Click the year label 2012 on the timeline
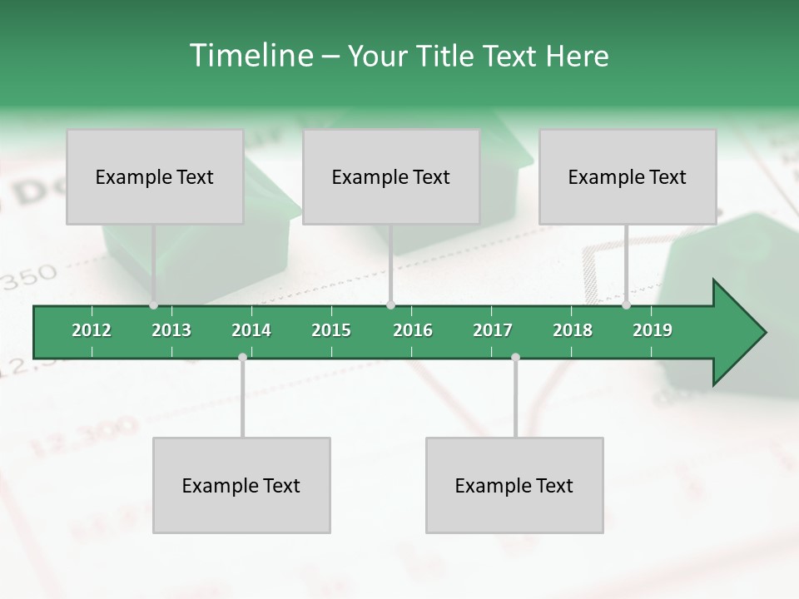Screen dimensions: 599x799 coord(92,330)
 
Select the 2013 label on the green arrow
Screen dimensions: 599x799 coord(171,330)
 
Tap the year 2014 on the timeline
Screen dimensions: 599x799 coord(251,330)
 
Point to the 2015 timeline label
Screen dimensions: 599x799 coord(331,330)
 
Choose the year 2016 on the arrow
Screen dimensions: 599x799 coord(413,330)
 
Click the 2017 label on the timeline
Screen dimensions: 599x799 coord(493,330)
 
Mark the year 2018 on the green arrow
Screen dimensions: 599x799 coord(573,330)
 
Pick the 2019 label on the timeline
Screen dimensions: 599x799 coord(653,330)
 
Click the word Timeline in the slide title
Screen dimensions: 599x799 coord(251,56)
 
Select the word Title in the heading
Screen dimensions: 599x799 coord(446,56)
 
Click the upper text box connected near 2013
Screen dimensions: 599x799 coord(155,176)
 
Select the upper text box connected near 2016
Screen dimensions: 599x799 coord(391,176)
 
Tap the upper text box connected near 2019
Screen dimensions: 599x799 coord(628,176)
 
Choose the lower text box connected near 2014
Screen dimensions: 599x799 coord(241,485)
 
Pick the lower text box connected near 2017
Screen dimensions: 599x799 coord(514,485)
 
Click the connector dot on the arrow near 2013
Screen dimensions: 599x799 coord(153,305)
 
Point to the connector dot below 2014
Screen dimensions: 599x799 coord(242,357)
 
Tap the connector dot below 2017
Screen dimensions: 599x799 coord(515,357)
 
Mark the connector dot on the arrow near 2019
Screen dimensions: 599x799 coord(626,305)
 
